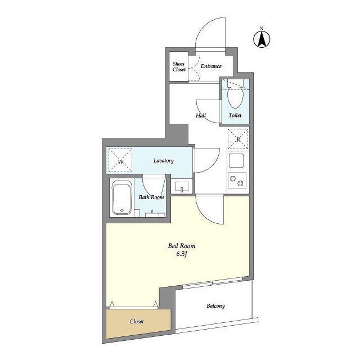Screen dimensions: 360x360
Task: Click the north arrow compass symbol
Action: click(262, 38)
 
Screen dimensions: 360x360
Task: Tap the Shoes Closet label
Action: click(179, 66)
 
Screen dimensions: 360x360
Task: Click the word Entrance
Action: click(211, 66)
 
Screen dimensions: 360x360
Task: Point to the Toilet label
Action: click(235, 115)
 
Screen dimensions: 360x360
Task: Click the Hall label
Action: click(201, 115)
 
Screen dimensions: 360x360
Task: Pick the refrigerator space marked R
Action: click(238, 139)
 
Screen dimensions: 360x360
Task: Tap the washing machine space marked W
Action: click(120, 160)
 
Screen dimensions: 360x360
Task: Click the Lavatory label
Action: click(164, 160)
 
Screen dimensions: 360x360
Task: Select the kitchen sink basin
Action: click(236, 160)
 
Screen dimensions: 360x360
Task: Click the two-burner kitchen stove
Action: click(237, 181)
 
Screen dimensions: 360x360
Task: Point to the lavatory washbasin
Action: click(182, 186)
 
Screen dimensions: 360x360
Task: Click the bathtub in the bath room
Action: click(121, 197)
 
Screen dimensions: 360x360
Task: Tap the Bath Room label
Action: click(151, 197)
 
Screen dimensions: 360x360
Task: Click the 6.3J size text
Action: click(182, 254)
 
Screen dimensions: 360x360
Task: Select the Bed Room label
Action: click(182, 246)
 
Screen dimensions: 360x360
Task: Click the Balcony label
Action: click(215, 306)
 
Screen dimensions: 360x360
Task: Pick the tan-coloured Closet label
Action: click(137, 321)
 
